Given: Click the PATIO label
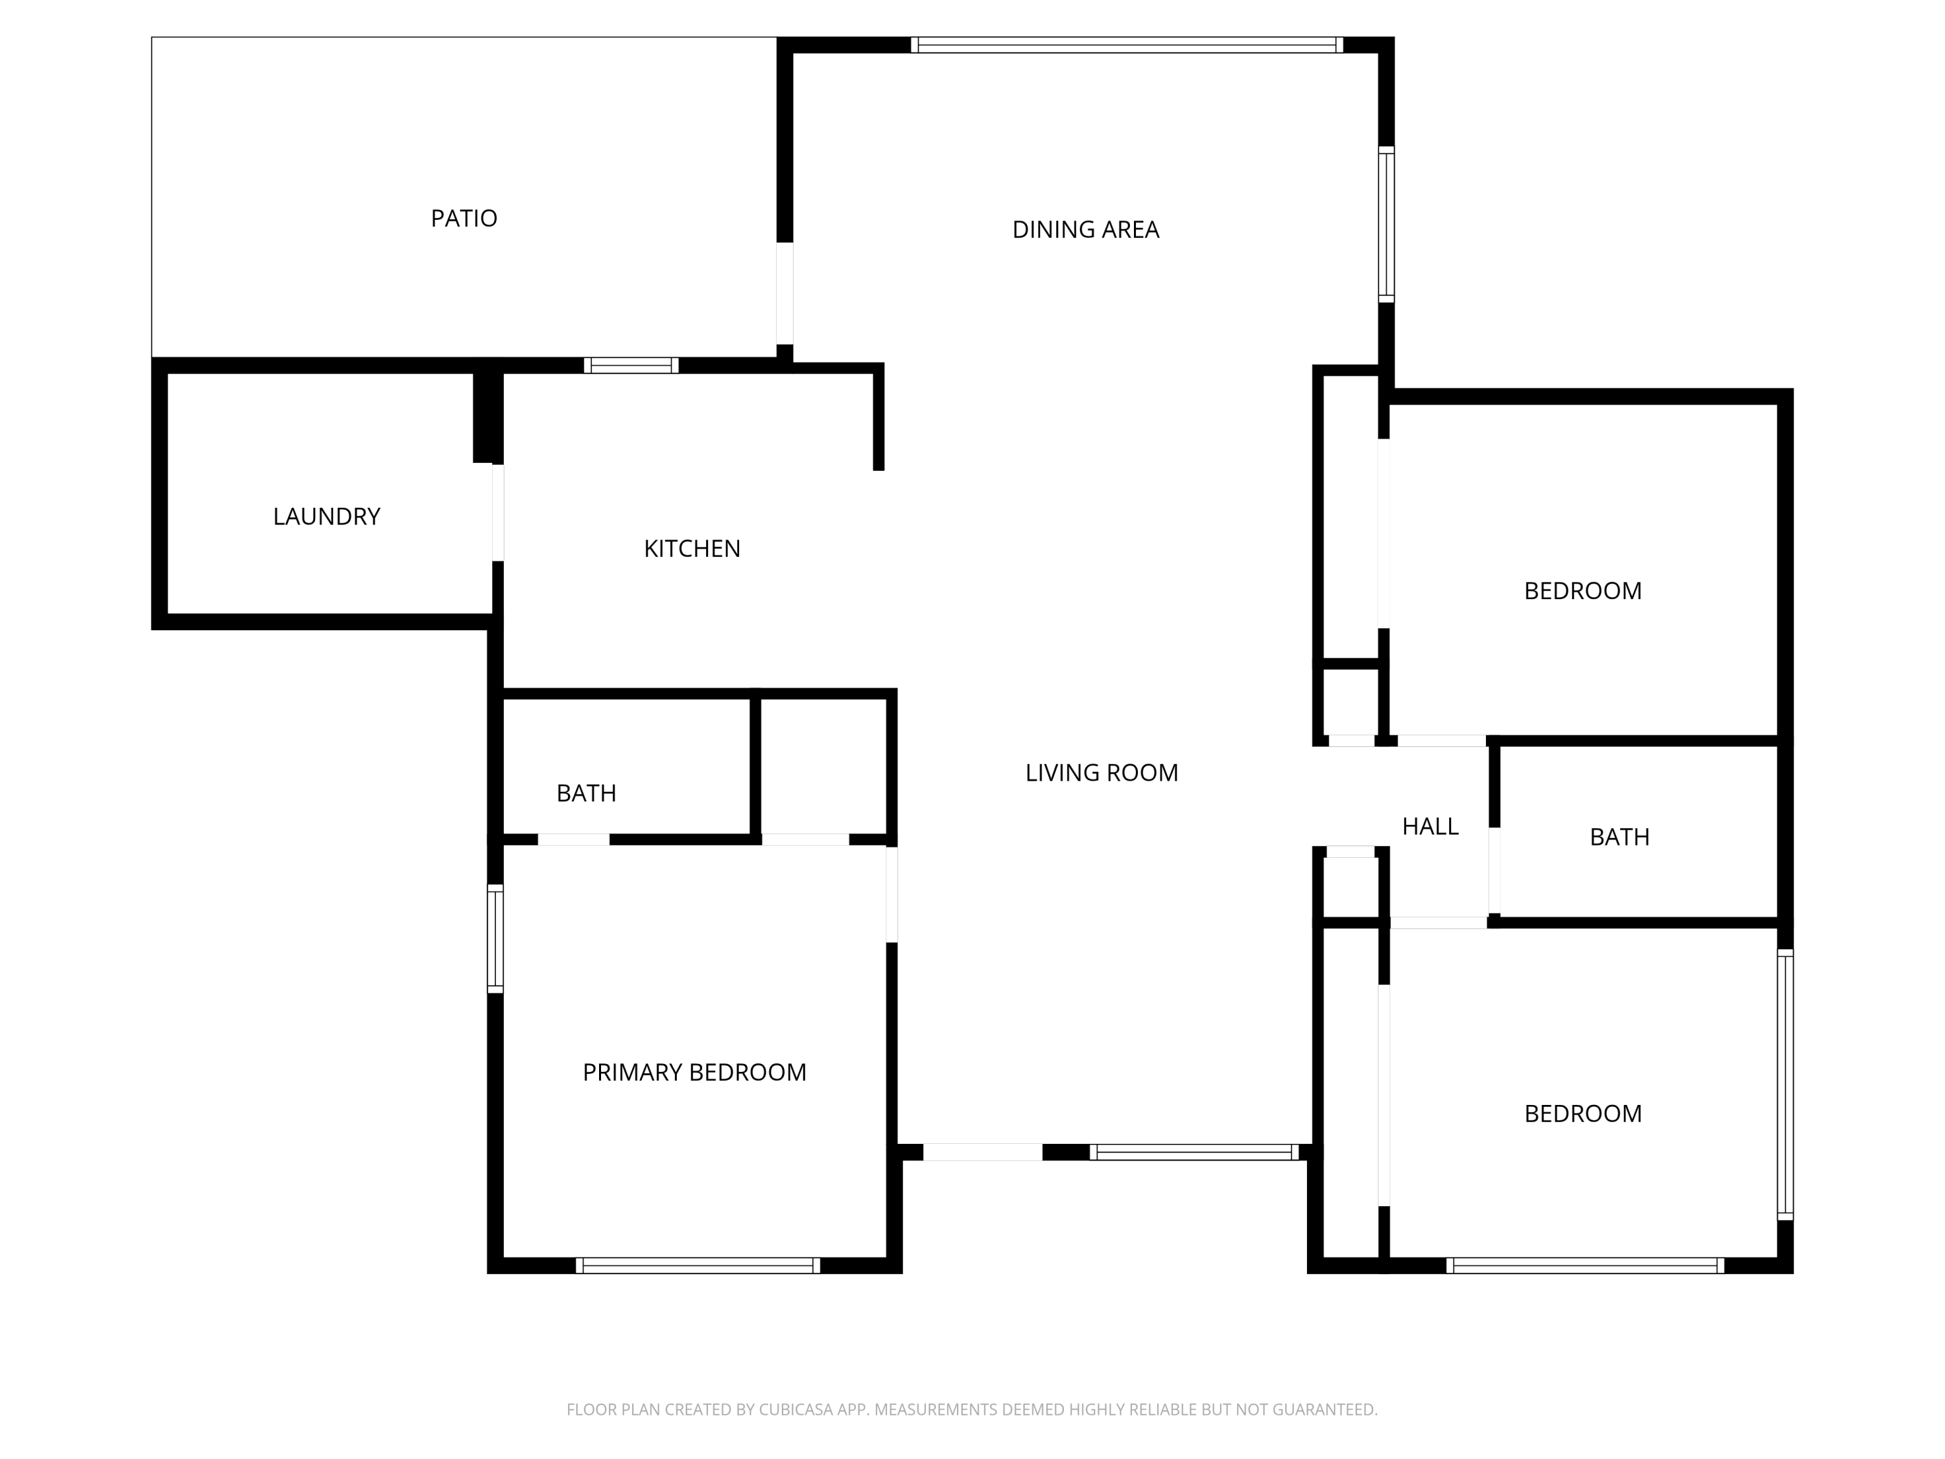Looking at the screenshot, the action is pos(464,218).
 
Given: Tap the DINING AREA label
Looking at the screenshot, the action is pos(1085,230).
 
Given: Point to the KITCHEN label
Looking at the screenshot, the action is pos(692,549).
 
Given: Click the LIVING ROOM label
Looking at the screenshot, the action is pos(1101,772).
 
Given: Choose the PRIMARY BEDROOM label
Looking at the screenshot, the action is pos(694,1072).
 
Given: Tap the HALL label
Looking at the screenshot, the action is pos(1430,826).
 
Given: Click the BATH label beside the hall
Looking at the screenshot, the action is pos(1619,836).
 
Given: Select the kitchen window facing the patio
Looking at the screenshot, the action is pos(631,365).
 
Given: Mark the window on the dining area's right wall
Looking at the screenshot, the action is pos(1385,224).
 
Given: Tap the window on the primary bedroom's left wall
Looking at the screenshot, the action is pos(495,938).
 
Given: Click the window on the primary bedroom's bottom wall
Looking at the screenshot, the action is pos(698,1266).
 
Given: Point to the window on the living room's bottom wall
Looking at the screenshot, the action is pos(1194,1152).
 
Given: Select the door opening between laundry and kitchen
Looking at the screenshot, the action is pos(498,513).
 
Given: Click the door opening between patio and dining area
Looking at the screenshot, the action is pos(784,294).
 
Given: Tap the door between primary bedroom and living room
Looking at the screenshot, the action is pos(891,894).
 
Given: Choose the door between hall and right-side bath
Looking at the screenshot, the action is pos(1494,871).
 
